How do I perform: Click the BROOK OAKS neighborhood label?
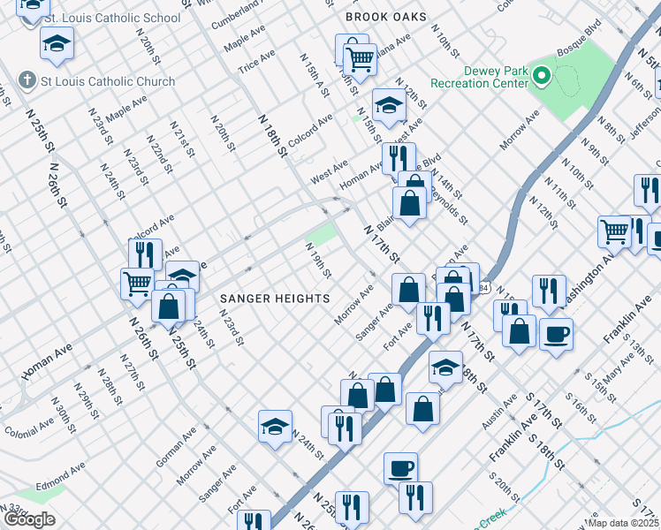385,17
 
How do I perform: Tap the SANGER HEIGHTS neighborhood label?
274,299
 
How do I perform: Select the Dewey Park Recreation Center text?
478,77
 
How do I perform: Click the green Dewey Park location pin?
541,78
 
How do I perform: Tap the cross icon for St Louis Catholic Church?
28,80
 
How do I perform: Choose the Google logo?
29,519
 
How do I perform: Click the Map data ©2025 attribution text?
623,523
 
